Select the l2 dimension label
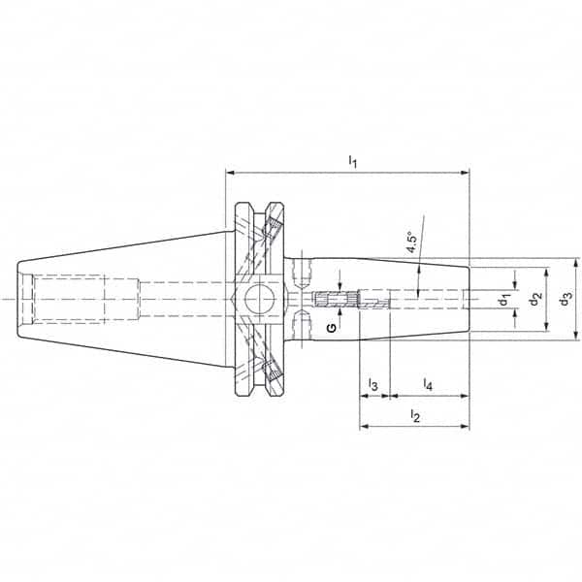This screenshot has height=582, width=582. [414, 416]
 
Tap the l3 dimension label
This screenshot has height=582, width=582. [372, 386]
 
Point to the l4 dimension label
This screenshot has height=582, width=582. [428, 386]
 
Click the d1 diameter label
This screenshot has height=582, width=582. [505, 300]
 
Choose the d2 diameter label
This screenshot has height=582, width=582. [534, 300]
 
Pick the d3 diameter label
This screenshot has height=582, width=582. [566, 300]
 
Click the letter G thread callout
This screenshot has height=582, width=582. [333, 329]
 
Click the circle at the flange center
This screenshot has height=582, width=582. [259, 300]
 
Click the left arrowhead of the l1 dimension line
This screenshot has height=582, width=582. [230, 174]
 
